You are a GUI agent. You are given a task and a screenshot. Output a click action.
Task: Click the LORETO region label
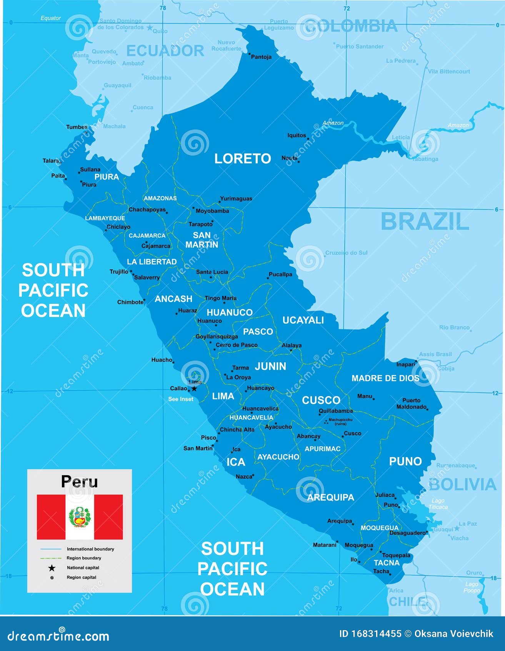pyautogui.click(x=242, y=158)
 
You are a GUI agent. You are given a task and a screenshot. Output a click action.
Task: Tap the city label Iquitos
pyautogui.click(x=297, y=135)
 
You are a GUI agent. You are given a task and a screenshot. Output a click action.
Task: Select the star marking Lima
pyautogui.click(x=195, y=389)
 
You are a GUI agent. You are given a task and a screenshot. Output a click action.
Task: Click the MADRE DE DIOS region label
pyautogui.click(x=385, y=378)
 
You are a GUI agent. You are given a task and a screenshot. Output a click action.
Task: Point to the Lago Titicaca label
pyautogui.click(x=438, y=504)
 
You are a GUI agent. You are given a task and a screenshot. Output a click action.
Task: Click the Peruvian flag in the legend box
pyautogui.click(x=80, y=517)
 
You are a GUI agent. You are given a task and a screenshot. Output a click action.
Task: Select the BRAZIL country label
pyautogui.click(x=425, y=221)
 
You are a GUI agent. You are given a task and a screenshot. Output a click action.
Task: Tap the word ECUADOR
pyautogui.click(x=165, y=50)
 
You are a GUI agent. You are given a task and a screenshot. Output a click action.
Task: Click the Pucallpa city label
pyautogui.click(x=280, y=274)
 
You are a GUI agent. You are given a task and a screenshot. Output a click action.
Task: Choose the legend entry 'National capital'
pyautogui.click(x=83, y=567)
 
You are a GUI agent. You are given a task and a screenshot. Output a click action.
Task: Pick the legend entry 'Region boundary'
pyautogui.click(x=83, y=558)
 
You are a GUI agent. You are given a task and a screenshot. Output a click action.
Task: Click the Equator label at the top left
pyautogui.click(x=50, y=18)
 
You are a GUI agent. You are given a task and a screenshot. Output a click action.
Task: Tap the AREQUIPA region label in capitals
pyautogui.click(x=330, y=497)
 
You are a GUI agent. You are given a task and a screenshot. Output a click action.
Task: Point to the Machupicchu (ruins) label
pyautogui.click(x=340, y=421)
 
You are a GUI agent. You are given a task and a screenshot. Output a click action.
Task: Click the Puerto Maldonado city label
pyautogui.click(x=411, y=403)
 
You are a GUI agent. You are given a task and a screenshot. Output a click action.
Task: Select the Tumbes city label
pyautogui.click(x=77, y=127)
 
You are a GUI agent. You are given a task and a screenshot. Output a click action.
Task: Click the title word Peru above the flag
pyautogui.click(x=79, y=482)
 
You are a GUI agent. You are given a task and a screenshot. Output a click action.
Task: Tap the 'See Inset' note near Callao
pyautogui.click(x=180, y=399)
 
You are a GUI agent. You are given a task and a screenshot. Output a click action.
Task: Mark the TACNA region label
pyautogui.click(x=387, y=563)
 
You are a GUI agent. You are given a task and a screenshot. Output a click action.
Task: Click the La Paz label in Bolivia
pyautogui.click(x=468, y=524)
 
